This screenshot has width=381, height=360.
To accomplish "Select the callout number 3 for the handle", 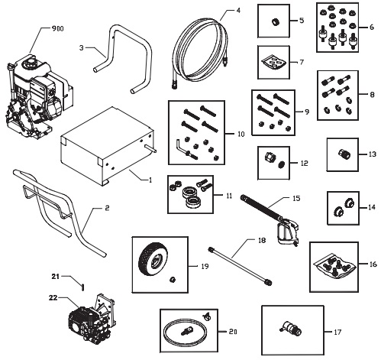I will coord(81,47).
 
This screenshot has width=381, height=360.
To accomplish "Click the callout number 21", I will coord(54,276).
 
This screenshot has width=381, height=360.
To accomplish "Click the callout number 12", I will coord(305,163).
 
